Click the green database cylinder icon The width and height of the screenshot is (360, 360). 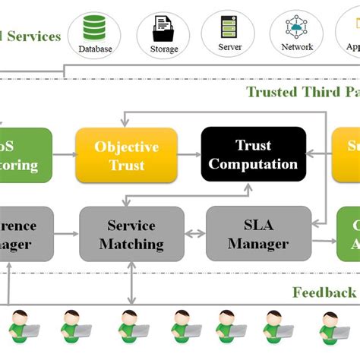[95, 28]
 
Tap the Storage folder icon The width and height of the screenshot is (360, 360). [163, 29]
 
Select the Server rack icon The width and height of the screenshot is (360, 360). [230, 27]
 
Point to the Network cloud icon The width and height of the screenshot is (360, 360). [296, 27]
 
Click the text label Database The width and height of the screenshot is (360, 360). [95, 49]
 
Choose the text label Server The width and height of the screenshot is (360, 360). [230, 48]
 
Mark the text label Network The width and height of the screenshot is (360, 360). [296, 47]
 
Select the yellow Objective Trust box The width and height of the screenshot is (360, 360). [126, 154]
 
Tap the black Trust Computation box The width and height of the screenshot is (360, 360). [253, 154]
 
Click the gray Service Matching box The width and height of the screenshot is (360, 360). [131, 234]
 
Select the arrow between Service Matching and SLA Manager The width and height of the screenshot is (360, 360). [195, 234]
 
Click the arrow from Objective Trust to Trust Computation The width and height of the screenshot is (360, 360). [189, 154]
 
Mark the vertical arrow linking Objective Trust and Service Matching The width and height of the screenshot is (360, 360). [126, 194]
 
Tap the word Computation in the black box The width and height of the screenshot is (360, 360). [253, 163]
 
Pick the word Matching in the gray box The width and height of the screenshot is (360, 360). [131, 244]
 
